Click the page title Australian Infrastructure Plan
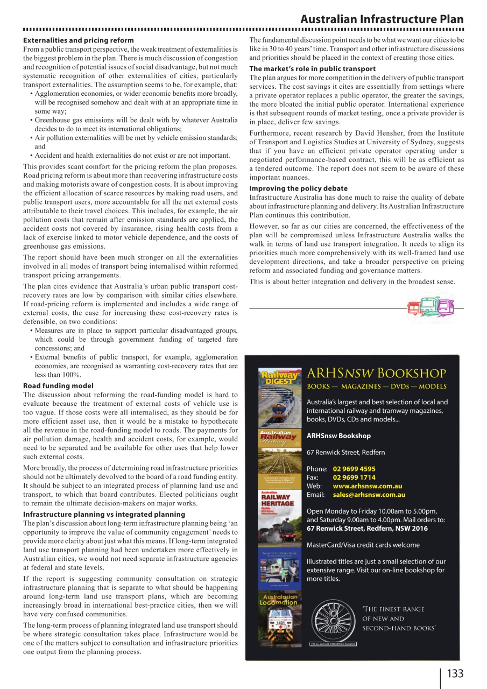click(382, 19)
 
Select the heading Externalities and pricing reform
click(78, 40)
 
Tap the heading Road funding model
click(58, 385)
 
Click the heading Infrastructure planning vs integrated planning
click(104, 514)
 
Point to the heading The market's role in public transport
click(313, 69)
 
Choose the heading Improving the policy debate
click(299, 188)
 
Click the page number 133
click(455, 673)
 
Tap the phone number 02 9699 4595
click(354, 469)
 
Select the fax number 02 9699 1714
click(354, 477)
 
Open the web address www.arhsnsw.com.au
click(368, 486)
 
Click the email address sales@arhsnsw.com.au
click(369, 495)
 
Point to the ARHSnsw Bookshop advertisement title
click(376, 374)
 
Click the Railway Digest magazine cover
click(279, 396)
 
